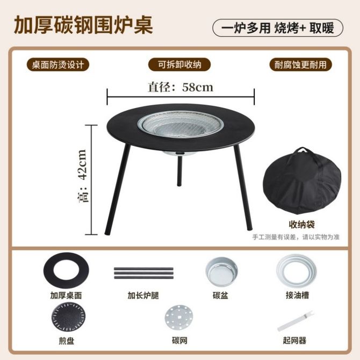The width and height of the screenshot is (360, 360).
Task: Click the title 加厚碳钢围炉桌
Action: [83, 25]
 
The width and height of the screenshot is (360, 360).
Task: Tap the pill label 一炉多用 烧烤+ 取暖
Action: [278, 28]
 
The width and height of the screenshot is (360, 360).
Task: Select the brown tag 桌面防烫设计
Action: [58, 64]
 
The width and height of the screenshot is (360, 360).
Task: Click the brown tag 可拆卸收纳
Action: [179, 64]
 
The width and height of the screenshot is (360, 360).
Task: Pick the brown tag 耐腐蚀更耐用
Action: [300, 64]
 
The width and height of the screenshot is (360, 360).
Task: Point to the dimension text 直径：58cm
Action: [181, 87]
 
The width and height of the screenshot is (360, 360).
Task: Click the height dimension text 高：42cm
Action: [82, 176]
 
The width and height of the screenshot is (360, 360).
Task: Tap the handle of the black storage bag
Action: [304, 152]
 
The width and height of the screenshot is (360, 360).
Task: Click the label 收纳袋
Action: [301, 224]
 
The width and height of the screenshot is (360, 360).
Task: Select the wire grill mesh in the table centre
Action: [181, 124]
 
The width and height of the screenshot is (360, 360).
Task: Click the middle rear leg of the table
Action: [179, 170]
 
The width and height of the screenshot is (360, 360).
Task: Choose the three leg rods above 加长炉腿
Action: [143, 273]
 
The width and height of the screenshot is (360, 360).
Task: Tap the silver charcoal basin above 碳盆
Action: [221, 271]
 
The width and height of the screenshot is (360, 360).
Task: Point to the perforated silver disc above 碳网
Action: [179, 318]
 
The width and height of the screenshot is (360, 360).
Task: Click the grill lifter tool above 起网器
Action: [296, 321]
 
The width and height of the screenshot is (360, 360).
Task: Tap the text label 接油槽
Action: [297, 296]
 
